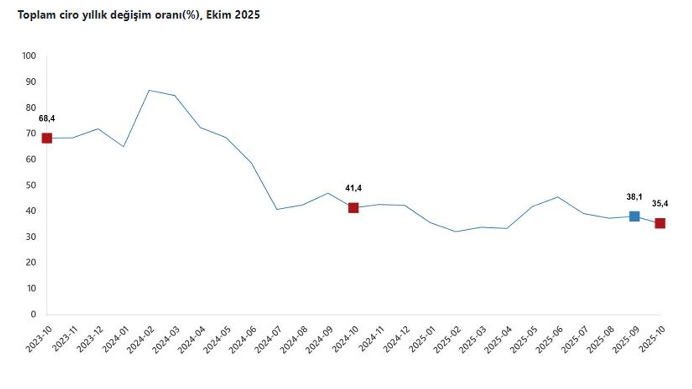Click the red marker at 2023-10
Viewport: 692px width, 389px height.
pyautogui.click(x=47, y=138)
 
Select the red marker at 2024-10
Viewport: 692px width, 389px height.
pyautogui.click(x=354, y=207)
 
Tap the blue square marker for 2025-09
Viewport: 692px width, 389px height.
pyautogui.click(x=634, y=216)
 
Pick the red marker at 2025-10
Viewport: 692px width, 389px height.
pyautogui.click(x=660, y=223)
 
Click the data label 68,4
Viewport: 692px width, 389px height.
pyautogui.click(x=47, y=118)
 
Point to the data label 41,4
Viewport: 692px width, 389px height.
pyautogui.click(x=354, y=188)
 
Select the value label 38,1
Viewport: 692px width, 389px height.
pyautogui.click(x=634, y=198)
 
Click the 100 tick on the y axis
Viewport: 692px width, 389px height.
pyautogui.click(x=29, y=56)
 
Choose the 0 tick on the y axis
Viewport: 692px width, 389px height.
pyautogui.click(x=33, y=314)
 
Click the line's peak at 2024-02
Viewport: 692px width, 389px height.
pyautogui.click(x=149, y=90)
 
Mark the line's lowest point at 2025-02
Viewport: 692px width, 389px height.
pyautogui.click(x=456, y=231)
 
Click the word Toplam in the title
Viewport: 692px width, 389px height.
pyautogui.click(x=35, y=15)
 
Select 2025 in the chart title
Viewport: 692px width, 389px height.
pyautogui.click(x=248, y=15)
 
